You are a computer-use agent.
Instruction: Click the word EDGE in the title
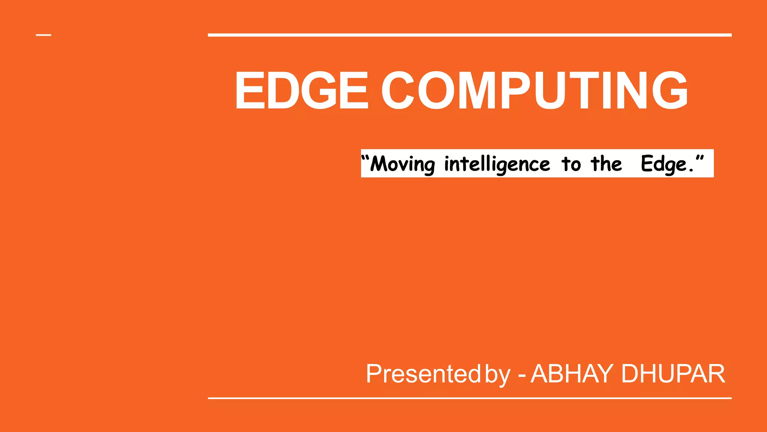click(x=302, y=90)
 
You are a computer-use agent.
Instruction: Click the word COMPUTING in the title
click(x=534, y=90)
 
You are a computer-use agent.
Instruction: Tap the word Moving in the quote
click(x=403, y=164)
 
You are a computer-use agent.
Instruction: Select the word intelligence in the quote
click(x=497, y=164)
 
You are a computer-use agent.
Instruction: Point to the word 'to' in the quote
click(x=571, y=164)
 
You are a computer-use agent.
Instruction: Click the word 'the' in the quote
click(x=606, y=163)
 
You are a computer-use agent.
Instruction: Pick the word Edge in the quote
click(x=664, y=164)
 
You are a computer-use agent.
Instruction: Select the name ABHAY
click(x=572, y=374)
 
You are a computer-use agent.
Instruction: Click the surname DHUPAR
click(x=673, y=374)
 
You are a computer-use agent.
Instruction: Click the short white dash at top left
click(x=43, y=35)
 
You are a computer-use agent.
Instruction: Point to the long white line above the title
click(x=470, y=35)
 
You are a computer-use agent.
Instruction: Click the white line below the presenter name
click(x=470, y=398)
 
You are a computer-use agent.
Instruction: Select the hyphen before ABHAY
click(x=522, y=375)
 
